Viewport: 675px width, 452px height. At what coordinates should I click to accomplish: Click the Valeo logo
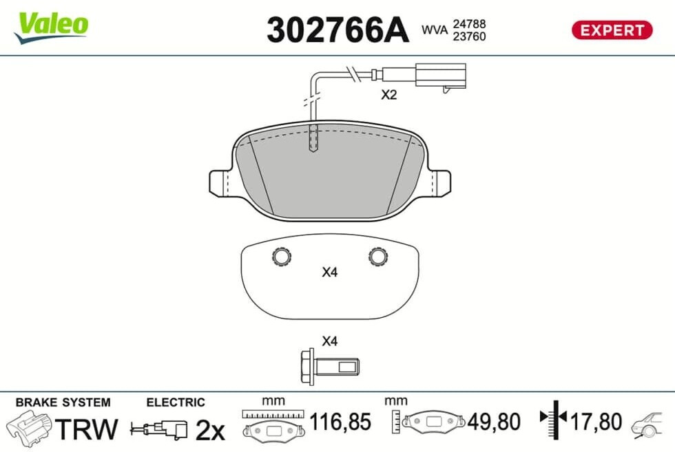point(51,27)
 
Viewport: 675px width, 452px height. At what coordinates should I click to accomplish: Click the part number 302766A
point(337,30)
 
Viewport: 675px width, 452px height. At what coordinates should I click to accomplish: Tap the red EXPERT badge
point(612,30)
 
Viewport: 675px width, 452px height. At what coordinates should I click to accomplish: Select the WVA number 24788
point(469,23)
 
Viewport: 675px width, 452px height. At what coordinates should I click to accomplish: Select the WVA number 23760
point(469,36)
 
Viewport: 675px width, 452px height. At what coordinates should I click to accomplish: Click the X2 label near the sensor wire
point(388,95)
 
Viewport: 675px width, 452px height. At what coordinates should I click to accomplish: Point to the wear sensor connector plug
point(440,76)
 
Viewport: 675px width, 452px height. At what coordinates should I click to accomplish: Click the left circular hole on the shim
point(282,257)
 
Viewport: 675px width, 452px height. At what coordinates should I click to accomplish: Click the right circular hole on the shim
point(378,257)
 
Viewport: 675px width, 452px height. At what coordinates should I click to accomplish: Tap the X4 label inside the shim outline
point(330,272)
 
